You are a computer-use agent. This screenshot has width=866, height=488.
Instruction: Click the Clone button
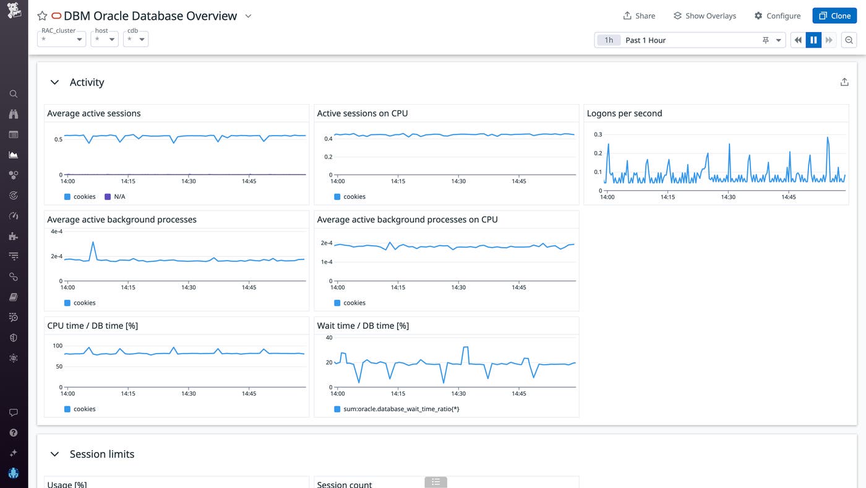[x=834, y=15]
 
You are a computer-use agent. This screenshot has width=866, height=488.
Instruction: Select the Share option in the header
[x=639, y=15]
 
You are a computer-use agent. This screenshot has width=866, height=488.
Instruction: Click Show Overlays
[x=705, y=15]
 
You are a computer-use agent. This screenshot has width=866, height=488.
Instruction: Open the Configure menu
[x=777, y=15]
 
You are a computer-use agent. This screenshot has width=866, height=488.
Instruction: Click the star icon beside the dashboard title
[x=42, y=16]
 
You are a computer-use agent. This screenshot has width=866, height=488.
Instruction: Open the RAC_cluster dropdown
[x=62, y=39]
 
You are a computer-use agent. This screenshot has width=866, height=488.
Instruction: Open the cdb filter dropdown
[x=135, y=39]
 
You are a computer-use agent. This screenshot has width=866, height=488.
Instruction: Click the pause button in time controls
[x=813, y=40]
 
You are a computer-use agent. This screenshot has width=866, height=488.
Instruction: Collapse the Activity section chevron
[x=54, y=82]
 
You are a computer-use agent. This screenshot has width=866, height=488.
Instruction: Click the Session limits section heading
[x=101, y=454]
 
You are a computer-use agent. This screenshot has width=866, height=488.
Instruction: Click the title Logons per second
[x=624, y=113]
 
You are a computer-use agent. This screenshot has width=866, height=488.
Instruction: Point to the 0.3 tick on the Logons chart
[x=598, y=134]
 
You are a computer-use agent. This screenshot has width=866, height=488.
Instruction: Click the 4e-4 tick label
[x=56, y=231]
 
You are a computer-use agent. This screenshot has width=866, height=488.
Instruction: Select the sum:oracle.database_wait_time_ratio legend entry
[x=400, y=409]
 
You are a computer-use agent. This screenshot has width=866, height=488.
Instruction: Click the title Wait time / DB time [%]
[x=362, y=326]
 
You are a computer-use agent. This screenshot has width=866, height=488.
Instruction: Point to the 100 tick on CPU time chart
[x=58, y=346]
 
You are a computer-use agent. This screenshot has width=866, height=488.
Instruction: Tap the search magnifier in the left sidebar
[x=14, y=94]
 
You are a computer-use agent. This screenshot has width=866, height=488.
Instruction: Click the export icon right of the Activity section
[x=844, y=82]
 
